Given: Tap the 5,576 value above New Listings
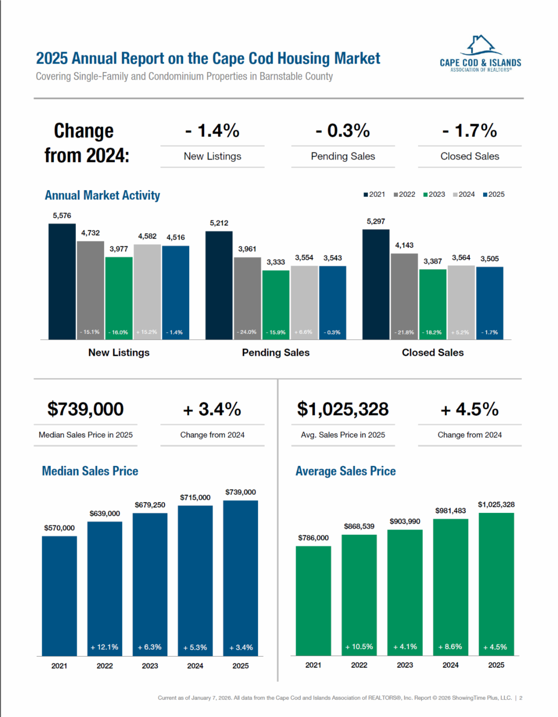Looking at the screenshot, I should tap(62, 216).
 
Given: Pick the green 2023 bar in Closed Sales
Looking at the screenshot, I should tap(432, 304).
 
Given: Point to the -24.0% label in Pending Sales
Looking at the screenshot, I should tap(247, 332).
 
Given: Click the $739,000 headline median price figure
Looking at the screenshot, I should tap(86, 409).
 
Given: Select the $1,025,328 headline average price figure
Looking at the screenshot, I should tap(343, 409).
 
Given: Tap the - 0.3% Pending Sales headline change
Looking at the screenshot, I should tap(343, 131).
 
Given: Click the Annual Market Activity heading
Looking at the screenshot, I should tap(102, 195).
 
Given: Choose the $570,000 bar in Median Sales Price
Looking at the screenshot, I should tap(60, 596).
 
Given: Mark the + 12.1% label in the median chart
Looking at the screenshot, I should tap(105, 647).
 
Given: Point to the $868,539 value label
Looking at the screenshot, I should tap(359, 526).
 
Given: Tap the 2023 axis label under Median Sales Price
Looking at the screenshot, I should tap(150, 666).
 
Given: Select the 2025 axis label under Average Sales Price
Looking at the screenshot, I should tap(496, 665).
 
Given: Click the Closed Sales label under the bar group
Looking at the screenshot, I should tap(432, 352).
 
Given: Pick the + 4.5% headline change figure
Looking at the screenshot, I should tap(470, 410).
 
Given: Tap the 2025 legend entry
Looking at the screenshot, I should tap(494, 194).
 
